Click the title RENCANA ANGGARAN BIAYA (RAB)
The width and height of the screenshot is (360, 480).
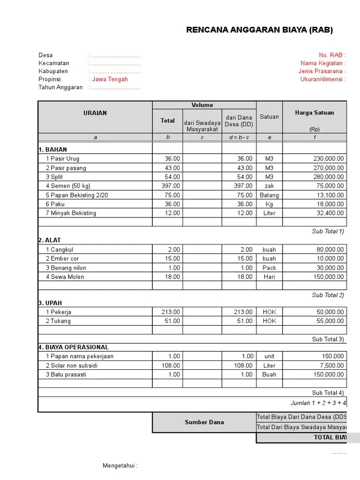point(259,30)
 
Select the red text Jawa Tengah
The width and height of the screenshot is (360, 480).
point(110,79)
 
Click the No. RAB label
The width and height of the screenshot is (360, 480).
point(332,55)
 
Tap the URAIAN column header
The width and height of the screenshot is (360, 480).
point(95,113)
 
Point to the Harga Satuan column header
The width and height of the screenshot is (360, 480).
point(314,113)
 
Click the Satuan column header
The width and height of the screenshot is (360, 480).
point(269,117)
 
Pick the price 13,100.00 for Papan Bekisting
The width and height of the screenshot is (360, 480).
point(328,195)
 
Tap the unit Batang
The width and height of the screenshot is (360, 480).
point(269,195)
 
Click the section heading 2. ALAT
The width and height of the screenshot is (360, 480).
point(50,240)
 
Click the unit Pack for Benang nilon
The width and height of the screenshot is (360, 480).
point(269,268)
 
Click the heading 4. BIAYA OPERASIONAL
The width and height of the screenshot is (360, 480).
point(73,347)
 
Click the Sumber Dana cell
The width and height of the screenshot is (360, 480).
point(204,422)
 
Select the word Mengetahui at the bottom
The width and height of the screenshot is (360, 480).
point(120,466)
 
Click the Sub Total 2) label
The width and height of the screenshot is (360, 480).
point(328,295)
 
